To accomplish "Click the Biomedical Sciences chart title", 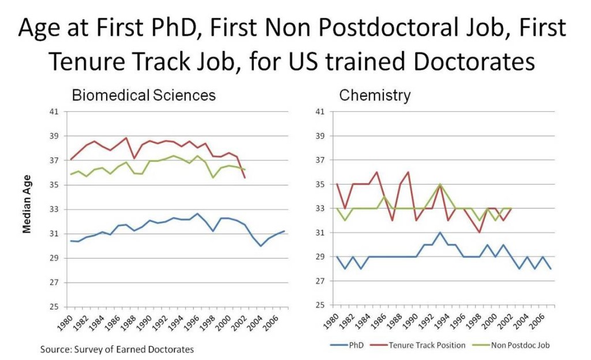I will pos(143,95).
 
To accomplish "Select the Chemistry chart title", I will pos(375,95).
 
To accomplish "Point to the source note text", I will pos(117,349).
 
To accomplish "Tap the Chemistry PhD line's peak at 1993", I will pos(439,232).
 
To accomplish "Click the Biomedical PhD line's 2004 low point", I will pos(261,246).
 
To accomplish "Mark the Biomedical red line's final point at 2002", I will pos(245,178).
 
